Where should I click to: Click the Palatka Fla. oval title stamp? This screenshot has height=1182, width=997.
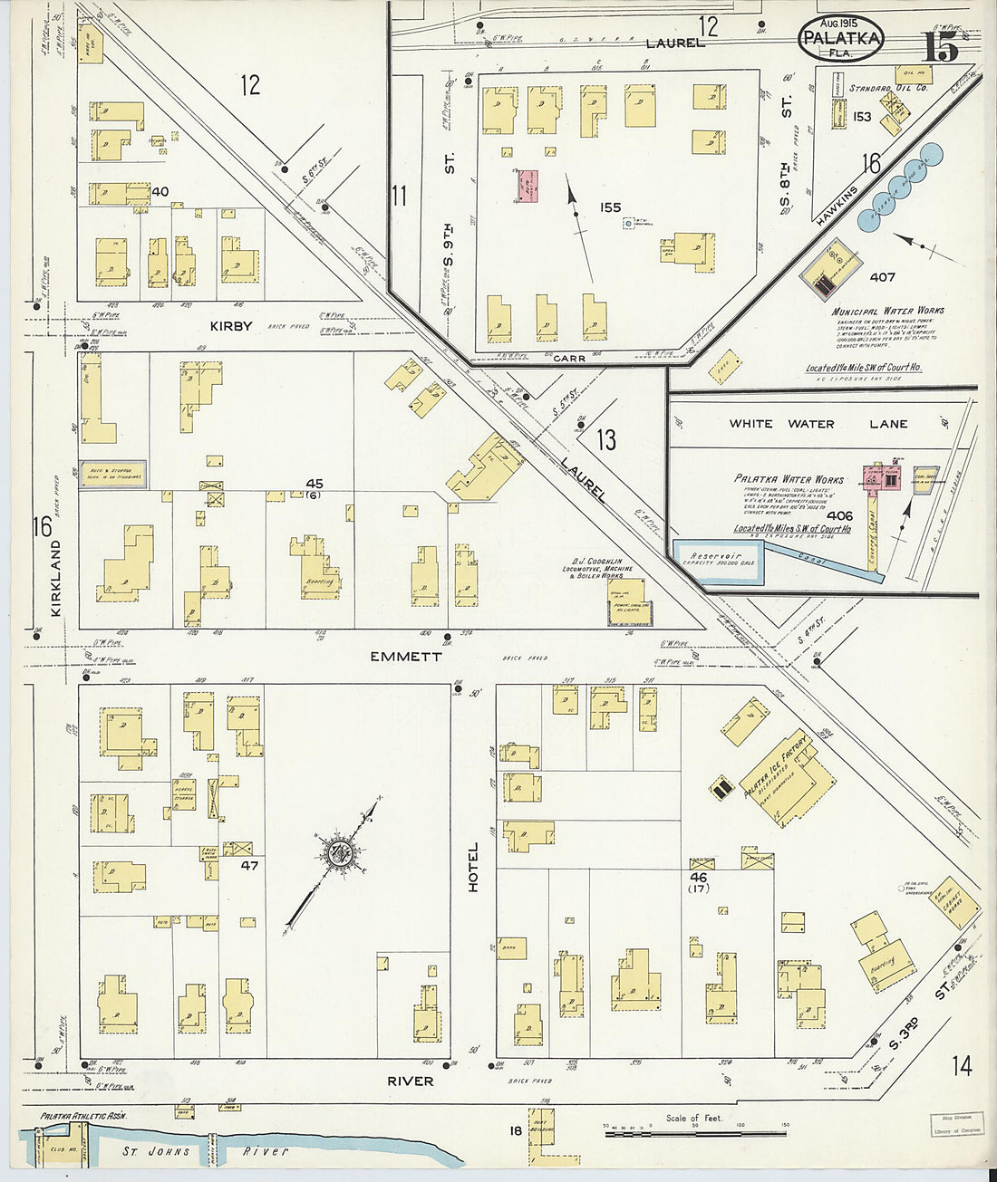(x=841, y=39)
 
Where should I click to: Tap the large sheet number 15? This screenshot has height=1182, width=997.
(x=940, y=45)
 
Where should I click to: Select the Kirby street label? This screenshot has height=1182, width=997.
(x=230, y=326)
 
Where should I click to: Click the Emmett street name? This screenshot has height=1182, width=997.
(x=405, y=657)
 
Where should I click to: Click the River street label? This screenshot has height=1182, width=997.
(x=411, y=1081)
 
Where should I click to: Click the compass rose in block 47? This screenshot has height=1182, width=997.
(x=341, y=852)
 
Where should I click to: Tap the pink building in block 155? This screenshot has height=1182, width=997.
(x=527, y=185)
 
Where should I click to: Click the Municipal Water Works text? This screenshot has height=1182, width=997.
(x=887, y=311)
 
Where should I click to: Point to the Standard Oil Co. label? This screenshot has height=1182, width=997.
(x=888, y=88)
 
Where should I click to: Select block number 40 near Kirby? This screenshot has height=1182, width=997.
(x=160, y=191)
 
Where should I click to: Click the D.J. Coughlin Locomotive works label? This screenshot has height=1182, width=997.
(x=597, y=569)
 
